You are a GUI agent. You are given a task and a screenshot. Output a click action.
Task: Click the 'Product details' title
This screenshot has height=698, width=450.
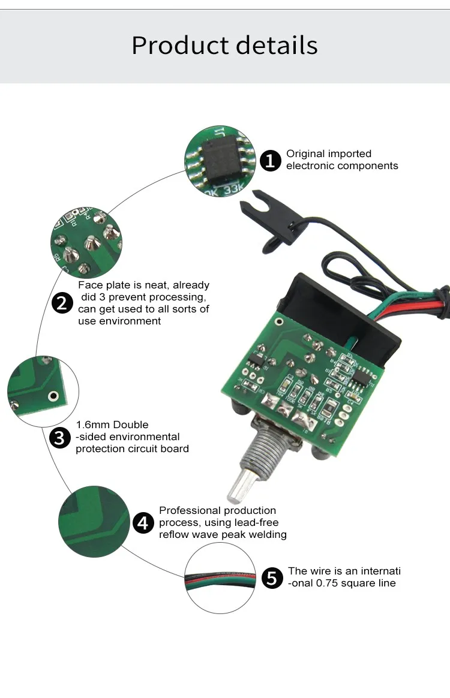point(224,46)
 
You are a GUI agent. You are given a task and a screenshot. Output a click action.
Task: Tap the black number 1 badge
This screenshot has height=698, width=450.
point(271,161)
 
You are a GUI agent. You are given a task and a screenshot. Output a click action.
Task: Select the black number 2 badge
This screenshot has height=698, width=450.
point(62,303)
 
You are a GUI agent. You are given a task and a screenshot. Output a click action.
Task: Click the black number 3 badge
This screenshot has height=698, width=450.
point(59,438)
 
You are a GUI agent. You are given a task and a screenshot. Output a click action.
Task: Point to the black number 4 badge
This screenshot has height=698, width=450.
point(143,523)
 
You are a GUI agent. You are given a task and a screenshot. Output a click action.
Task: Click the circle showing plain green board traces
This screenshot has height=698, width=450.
point(94,521)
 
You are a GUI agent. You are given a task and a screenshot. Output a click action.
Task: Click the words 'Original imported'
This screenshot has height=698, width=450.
point(328,154)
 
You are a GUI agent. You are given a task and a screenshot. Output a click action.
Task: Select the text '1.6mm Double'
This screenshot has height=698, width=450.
point(112,425)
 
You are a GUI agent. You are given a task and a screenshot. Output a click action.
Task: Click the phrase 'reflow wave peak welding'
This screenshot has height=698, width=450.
point(223,534)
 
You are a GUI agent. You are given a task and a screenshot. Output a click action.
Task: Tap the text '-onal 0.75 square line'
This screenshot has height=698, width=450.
point(341,583)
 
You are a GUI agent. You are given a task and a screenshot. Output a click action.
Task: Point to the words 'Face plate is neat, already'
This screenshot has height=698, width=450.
point(143,285)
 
